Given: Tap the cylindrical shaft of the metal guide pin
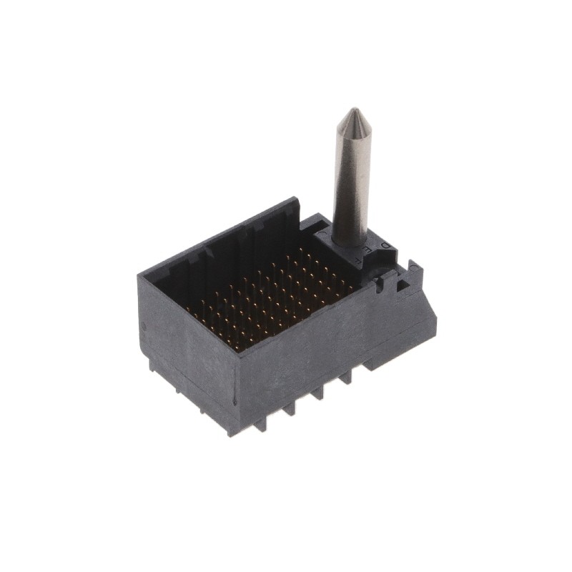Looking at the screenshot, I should (x=351, y=179).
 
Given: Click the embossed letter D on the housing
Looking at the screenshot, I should (x=387, y=245).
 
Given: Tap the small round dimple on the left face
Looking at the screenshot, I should (x=144, y=327).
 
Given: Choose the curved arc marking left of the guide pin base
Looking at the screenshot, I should (x=323, y=232).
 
